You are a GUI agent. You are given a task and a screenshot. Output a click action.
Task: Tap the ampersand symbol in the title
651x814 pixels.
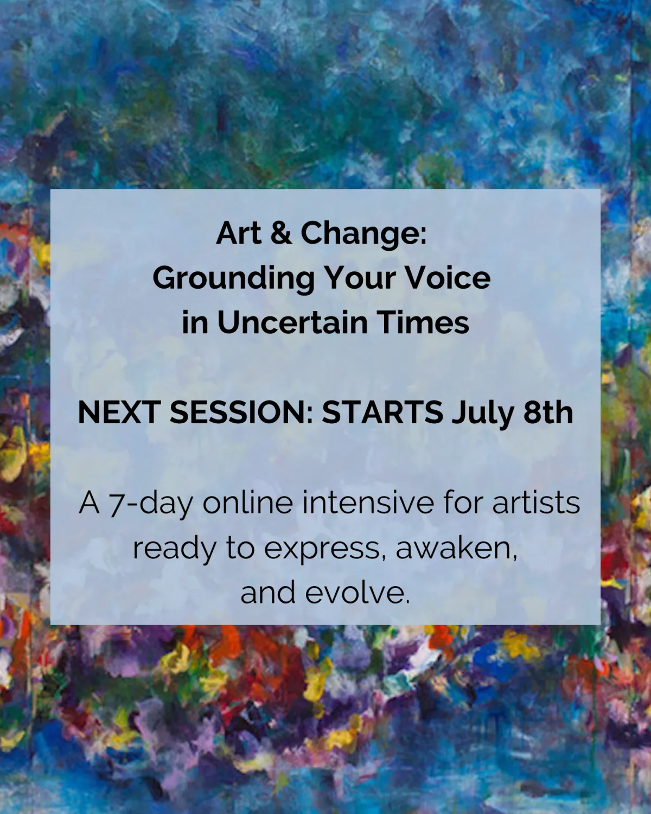click(x=281, y=233)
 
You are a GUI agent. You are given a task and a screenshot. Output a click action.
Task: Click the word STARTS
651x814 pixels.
click(x=382, y=412)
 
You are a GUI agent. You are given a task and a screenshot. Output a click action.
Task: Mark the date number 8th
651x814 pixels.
click(x=548, y=412)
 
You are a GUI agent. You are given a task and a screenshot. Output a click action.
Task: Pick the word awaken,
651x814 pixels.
click(x=457, y=549)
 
